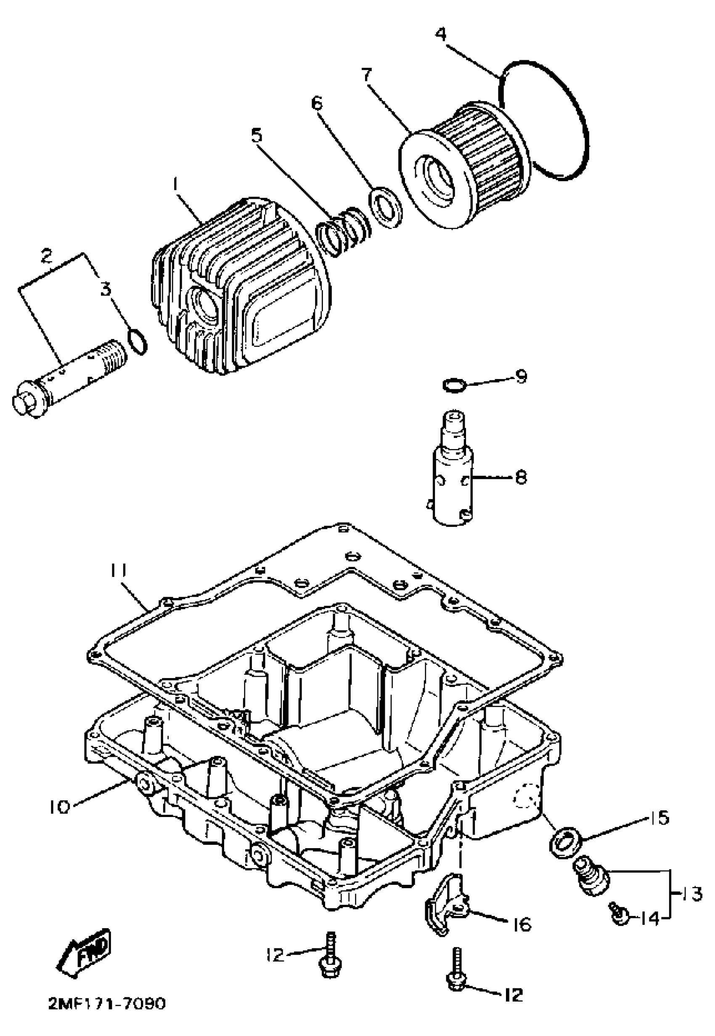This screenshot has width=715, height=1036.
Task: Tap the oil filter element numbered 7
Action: [466, 166]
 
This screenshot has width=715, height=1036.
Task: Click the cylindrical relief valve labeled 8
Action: [453, 480]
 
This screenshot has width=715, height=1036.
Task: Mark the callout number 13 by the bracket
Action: [690, 893]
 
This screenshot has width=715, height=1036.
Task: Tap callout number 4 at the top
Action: [441, 34]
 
